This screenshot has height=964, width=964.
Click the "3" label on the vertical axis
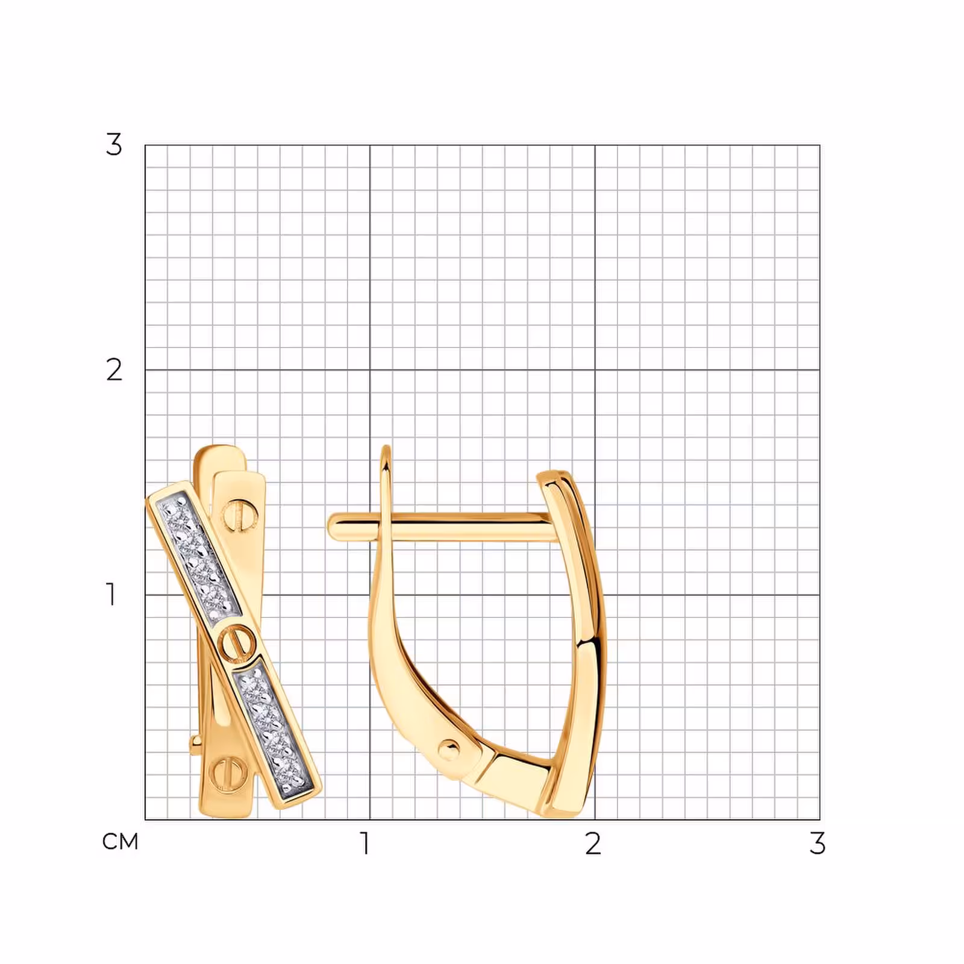tap(114, 145)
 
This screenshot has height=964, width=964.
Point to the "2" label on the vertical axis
tap(114, 370)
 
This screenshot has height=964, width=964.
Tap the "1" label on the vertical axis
tap(111, 594)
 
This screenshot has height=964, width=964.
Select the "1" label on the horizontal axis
tap(365, 843)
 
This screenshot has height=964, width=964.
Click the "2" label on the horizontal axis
tap(593, 843)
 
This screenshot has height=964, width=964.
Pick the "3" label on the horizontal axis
tap(817, 843)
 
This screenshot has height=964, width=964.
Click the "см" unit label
tap(120, 842)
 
